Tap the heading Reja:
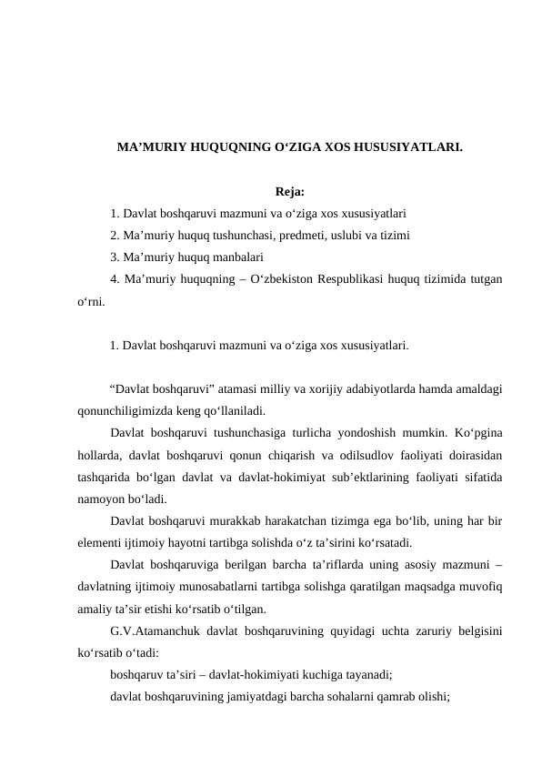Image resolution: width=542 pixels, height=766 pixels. point(288,192)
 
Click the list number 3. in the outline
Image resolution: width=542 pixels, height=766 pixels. point(115,257)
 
